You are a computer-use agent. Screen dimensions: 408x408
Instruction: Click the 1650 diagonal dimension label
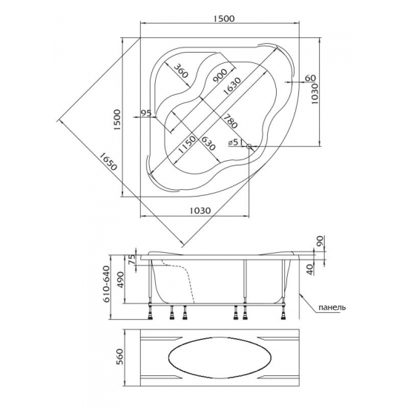click(x=108, y=162)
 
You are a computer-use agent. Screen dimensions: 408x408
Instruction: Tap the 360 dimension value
click(x=180, y=70)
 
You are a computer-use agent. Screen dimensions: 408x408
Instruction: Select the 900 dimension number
click(x=220, y=76)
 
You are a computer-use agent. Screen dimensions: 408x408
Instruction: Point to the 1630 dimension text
click(x=232, y=86)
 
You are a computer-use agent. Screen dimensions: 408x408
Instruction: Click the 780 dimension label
click(x=230, y=121)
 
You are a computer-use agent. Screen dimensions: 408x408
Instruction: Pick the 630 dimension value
click(x=208, y=143)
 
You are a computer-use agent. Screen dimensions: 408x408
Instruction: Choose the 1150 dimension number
click(x=186, y=145)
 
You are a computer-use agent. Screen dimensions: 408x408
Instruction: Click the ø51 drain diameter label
click(x=236, y=142)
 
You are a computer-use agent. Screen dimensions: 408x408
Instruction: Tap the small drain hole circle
click(x=249, y=146)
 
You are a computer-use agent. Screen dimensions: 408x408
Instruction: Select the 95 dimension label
click(x=146, y=113)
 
